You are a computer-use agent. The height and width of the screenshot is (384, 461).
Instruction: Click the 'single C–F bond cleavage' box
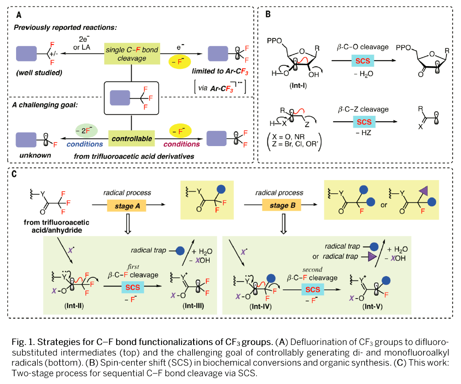(132, 54)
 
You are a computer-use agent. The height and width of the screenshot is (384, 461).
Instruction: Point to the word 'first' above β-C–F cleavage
(132, 266)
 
